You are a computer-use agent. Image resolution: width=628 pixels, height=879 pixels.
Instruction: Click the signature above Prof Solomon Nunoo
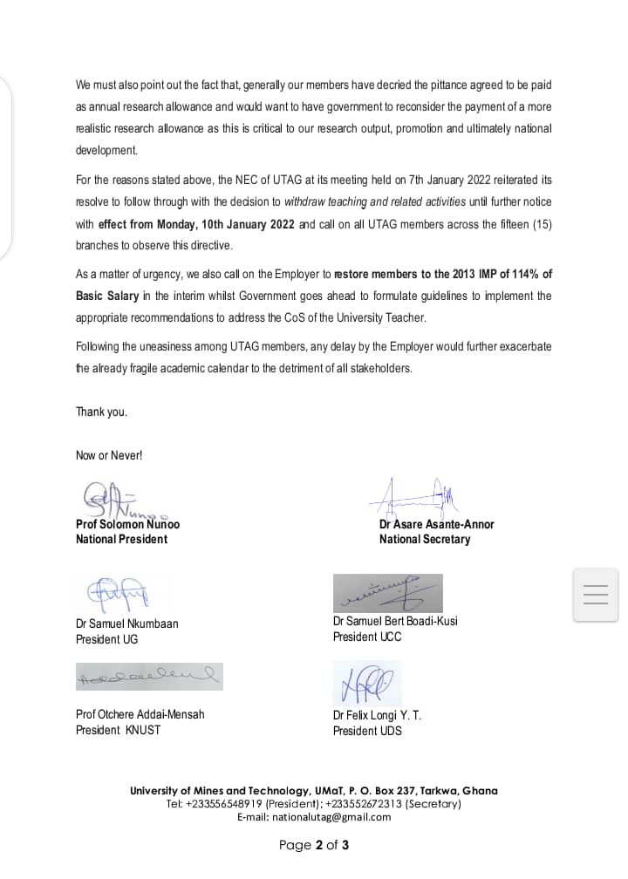click(115, 500)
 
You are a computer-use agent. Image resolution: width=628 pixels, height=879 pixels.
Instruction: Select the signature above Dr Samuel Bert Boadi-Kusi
click(387, 593)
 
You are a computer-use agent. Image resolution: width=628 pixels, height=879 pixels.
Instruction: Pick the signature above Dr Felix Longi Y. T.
click(366, 683)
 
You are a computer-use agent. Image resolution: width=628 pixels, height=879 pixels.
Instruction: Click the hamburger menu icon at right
click(595, 595)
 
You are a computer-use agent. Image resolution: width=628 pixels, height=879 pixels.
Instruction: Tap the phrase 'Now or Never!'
click(109, 455)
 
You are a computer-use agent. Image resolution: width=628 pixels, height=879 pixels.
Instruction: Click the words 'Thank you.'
click(101, 412)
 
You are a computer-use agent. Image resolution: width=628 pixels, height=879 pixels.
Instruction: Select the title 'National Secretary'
click(424, 539)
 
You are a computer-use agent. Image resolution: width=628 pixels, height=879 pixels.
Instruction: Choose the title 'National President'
click(121, 539)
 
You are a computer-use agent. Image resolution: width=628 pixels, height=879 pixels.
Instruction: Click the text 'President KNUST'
click(118, 730)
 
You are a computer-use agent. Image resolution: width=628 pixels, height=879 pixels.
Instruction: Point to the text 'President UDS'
click(367, 731)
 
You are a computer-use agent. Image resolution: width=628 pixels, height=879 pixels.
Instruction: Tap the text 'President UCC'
click(367, 637)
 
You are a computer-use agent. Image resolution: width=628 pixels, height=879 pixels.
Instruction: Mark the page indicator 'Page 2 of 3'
click(314, 845)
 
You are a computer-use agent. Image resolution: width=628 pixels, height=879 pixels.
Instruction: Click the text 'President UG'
click(106, 639)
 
